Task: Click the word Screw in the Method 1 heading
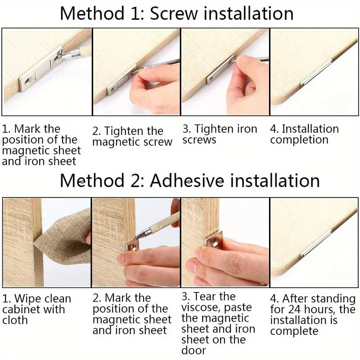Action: (174, 13)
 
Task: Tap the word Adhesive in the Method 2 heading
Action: (187, 181)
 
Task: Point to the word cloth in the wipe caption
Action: (15, 320)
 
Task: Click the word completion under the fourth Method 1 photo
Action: (299, 139)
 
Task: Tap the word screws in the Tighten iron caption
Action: (199, 140)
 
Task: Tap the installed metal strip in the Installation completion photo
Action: (316, 73)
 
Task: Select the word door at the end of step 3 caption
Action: (193, 351)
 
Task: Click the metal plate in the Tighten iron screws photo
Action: (221, 70)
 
